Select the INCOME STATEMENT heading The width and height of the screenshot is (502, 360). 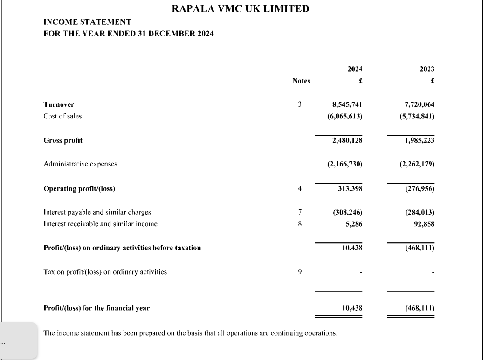coord(87,22)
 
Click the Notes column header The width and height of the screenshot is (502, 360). coord(301,81)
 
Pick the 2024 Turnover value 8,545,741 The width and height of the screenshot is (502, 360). coord(345,105)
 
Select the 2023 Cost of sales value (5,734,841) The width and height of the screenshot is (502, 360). coord(414,116)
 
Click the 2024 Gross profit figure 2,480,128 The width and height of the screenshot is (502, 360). coord(345,140)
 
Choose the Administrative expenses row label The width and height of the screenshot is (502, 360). coord(80,164)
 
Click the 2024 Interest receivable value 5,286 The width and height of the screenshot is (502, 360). coord(354,224)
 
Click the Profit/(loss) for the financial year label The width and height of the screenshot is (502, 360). coord(96,308)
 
